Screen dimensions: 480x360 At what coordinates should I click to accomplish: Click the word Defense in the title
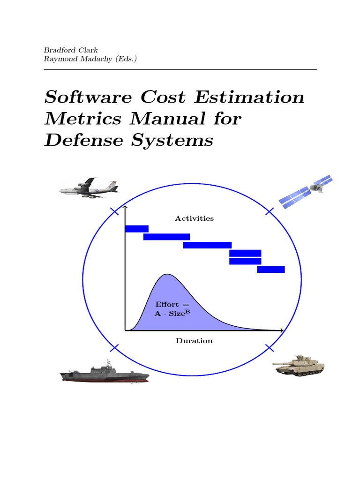coord(79,140)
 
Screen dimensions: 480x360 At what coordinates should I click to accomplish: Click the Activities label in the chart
coord(194,218)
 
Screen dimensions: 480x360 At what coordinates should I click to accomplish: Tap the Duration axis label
coord(194,341)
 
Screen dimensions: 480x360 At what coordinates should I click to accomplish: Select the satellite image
coord(306,191)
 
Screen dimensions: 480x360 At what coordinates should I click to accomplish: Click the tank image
coord(299,365)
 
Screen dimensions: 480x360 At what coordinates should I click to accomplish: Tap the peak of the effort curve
coord(166,274)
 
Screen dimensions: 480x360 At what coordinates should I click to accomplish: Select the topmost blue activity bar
coord(136,229)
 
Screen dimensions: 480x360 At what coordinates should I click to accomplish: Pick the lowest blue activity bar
coord(270,270)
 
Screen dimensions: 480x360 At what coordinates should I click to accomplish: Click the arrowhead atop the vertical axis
coord(125,207)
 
